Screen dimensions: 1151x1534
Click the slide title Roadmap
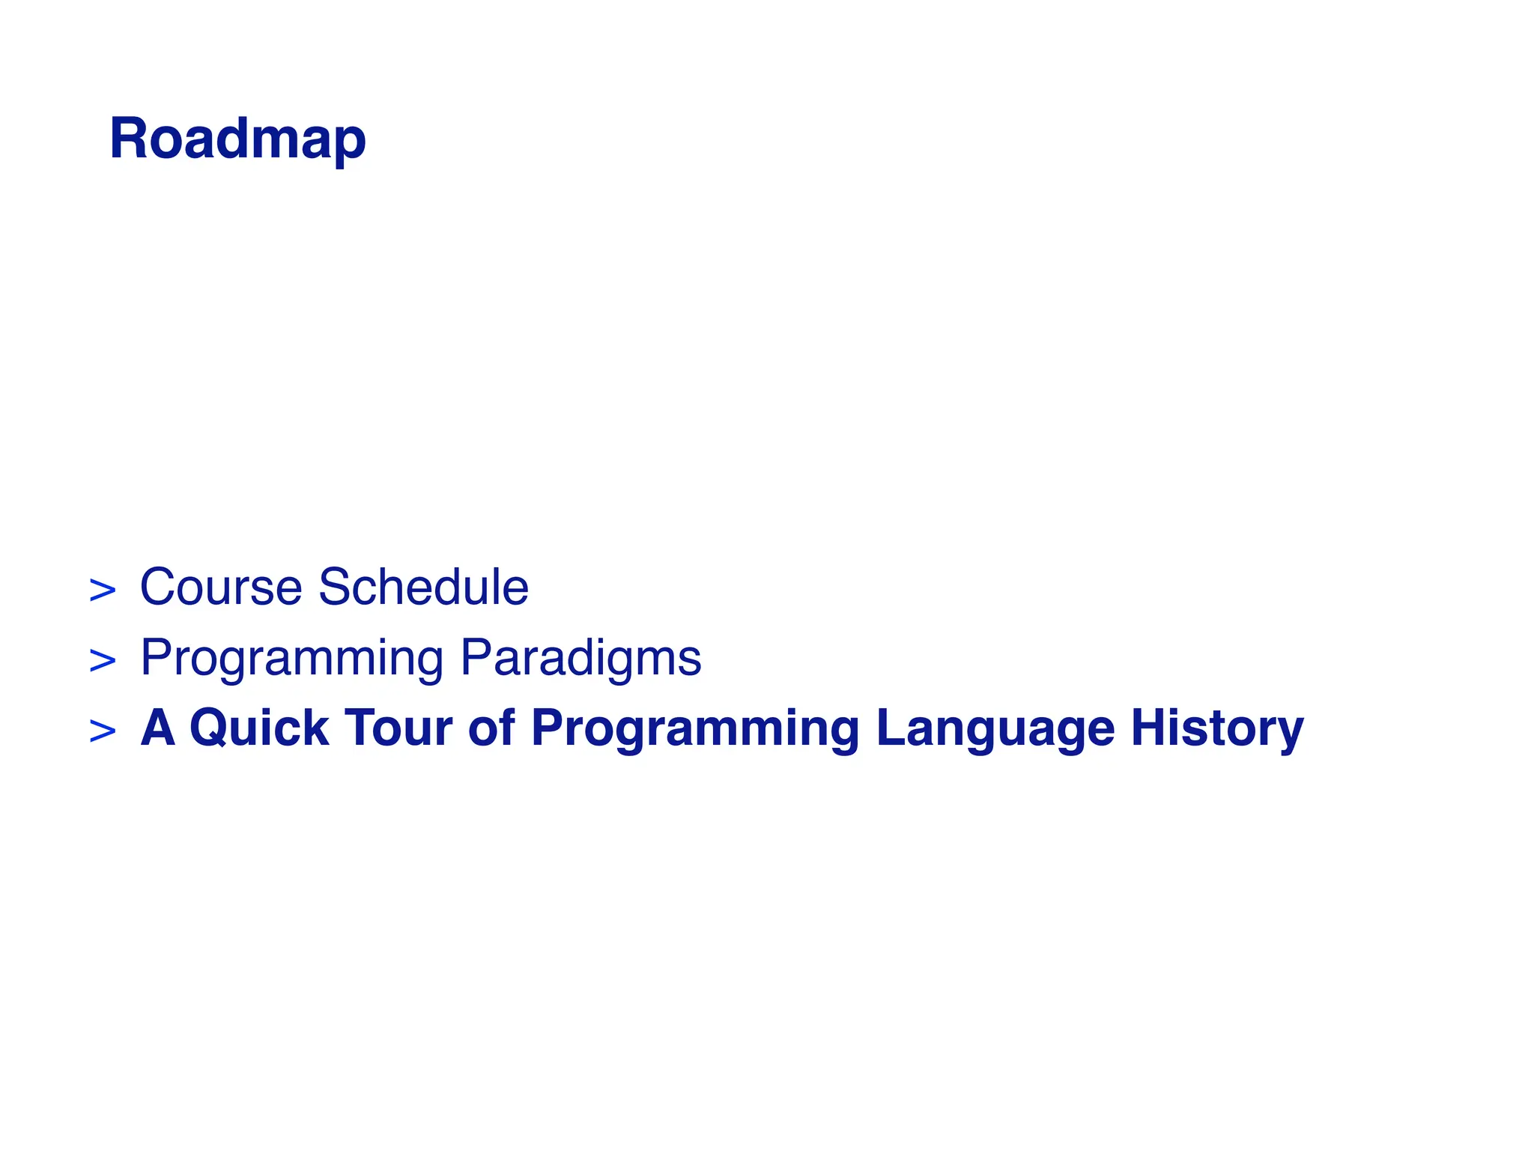click(x=237, y=139)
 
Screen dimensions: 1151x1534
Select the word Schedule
click(x=424, y=587)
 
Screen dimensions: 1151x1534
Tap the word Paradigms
click(x=580, y=658)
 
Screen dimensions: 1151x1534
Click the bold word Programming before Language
click(x=695, y=729)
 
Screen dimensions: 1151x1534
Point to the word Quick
click(x=259, y=728)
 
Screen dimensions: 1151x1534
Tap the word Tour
click(x=398, y=728)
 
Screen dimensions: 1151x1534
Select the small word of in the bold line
click(x=491, y=728)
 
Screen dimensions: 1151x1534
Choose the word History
click(x=1217, y=729)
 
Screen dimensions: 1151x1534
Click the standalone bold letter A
click(x=158, y=728)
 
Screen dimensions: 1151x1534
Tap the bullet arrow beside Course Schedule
click(x=103, y=590)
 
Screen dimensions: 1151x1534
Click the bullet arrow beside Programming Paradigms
click(x=103, y=661)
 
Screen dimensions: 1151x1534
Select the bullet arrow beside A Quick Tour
click(x=103, y=731)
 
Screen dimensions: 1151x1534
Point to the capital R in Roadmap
click(x=127, y=139)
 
